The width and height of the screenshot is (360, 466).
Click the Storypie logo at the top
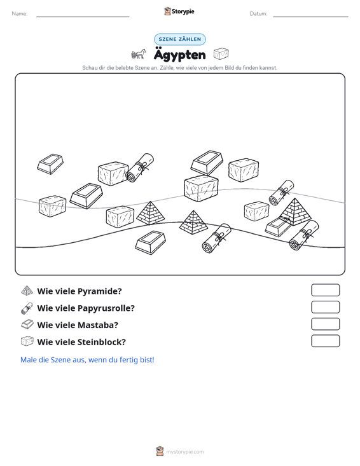coord(179,11)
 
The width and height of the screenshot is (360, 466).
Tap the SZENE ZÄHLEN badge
coord(180,39)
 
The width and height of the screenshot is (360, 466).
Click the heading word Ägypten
coord(180,55)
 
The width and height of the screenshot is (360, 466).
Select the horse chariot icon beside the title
coord(139,54)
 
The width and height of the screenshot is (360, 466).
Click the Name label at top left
coord(20,14)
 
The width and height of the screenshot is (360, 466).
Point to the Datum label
coord(258,14)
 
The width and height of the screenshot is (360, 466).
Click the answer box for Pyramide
coord(326,290)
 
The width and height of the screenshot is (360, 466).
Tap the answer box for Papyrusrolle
coord(326,307)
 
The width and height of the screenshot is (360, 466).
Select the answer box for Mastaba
coord(326,324)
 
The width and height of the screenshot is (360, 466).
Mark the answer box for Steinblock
coord(326,341)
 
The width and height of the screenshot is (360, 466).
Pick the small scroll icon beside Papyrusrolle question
coord(27,308)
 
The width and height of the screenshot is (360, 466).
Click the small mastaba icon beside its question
coord(27,324)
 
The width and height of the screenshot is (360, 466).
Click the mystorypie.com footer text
coord(184,452)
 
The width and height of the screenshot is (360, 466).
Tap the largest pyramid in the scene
coord(295,212)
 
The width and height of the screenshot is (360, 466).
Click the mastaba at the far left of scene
coord(50,164)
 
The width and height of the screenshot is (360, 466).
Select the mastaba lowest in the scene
coord(150,242)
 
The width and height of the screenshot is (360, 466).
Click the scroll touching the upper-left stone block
coord(139,168)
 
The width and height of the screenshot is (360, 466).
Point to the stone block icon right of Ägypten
coord(221,54)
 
